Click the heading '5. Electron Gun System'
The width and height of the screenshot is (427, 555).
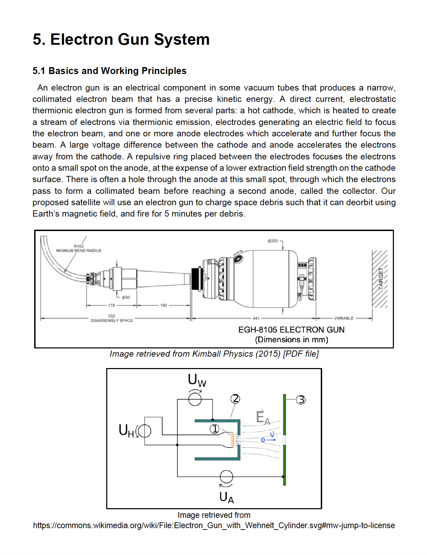121,39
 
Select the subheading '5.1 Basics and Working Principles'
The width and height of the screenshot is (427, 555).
109,71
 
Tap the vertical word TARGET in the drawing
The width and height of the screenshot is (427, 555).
381,278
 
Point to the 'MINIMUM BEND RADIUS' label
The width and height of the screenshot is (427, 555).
79,251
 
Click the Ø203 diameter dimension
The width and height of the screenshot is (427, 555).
272,241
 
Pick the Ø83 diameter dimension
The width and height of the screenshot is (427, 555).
126,297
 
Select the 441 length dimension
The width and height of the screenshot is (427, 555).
256,318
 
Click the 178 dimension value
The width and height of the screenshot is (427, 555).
111,305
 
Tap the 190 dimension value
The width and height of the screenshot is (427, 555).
163,305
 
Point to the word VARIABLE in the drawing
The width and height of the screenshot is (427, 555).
344,318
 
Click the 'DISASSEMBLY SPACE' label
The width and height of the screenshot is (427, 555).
111,321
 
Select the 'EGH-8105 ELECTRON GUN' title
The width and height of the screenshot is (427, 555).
291,330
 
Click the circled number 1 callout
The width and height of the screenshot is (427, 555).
215,429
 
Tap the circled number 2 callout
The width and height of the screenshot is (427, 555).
235,399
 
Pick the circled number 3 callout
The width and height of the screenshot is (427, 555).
301,400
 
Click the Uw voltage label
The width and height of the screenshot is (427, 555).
197,380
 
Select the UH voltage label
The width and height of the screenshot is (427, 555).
126,430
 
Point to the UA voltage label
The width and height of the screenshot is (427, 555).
226,498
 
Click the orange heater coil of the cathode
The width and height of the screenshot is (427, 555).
233,440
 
